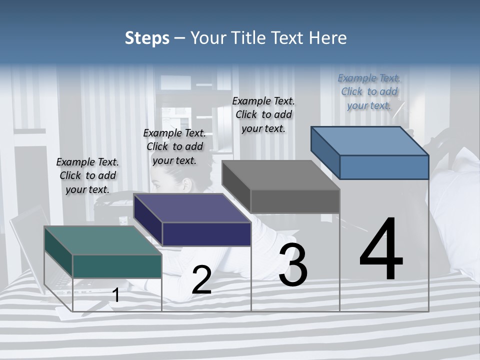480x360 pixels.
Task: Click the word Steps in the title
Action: pyautogui.click(x=147, y=38)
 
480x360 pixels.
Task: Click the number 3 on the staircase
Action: pyautogui.click(x=293, y=265)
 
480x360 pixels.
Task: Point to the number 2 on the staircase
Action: pyautogui.click(x=201, y=280)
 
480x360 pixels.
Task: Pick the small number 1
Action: pyautogui.click(x=116, y=295)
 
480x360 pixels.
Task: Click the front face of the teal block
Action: pyautogui.click(x=117, y=266)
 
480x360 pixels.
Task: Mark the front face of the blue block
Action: pyautogui.click(x=384, y=167)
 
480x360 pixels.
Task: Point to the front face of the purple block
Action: pyautogui.click(x=206, y=234)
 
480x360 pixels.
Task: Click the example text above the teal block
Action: pyautogui.click(x=87, y=175)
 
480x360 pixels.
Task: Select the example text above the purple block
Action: pyautogui.click(x=174, y=146)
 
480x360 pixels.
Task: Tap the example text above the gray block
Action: pyautogui.click(x=263, y=114)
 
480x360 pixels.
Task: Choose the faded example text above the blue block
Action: pyautogui.click(x=369, y=91)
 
